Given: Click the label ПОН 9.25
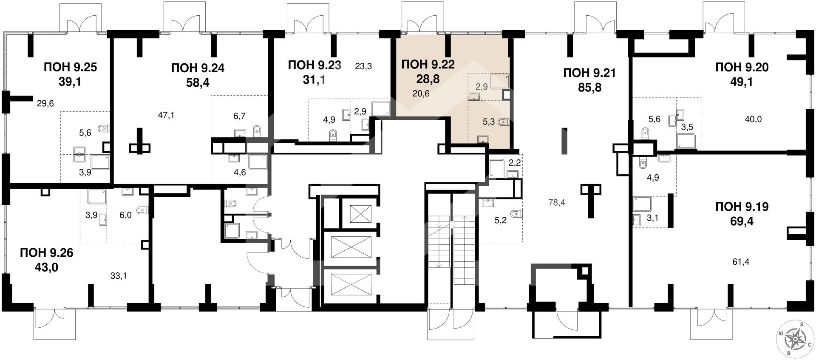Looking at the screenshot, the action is [71, 67].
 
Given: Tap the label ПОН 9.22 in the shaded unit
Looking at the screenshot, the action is [428, 64].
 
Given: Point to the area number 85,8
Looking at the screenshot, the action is [589, 88].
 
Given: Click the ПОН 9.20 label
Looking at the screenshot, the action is [742, 67].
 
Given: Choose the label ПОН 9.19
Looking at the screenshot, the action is [742, 207].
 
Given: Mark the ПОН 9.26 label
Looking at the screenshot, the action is [46, 253].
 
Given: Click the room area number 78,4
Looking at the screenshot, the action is [556, 203].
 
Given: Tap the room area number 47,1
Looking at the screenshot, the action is [166, 115].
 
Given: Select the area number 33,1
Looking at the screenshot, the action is [119, 276].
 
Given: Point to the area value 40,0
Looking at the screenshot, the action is [753, 119].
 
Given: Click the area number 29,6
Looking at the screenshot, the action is [45, 103].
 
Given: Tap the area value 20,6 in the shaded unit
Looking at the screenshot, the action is [421, 93].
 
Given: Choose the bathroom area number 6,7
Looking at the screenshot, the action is [240, 116].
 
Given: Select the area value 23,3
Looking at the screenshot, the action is [363, 66].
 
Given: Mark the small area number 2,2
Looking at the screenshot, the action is [515, 162].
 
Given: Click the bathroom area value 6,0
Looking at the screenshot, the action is [125, 215].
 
